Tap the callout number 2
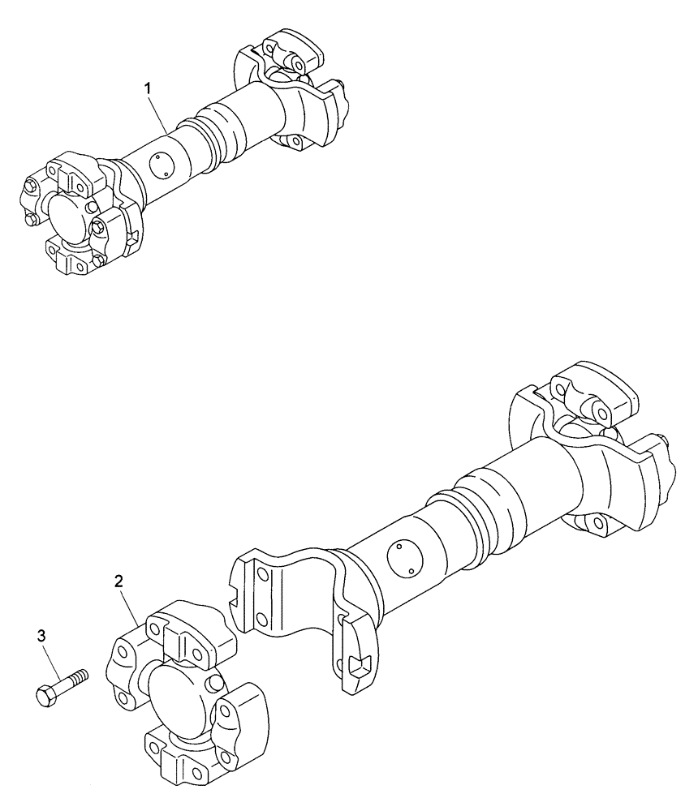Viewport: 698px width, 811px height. pos(119,581)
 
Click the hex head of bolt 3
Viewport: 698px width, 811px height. pos(45,695)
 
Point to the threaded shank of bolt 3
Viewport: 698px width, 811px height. pos(73,679)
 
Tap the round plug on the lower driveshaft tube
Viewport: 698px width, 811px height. pos(403,559)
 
